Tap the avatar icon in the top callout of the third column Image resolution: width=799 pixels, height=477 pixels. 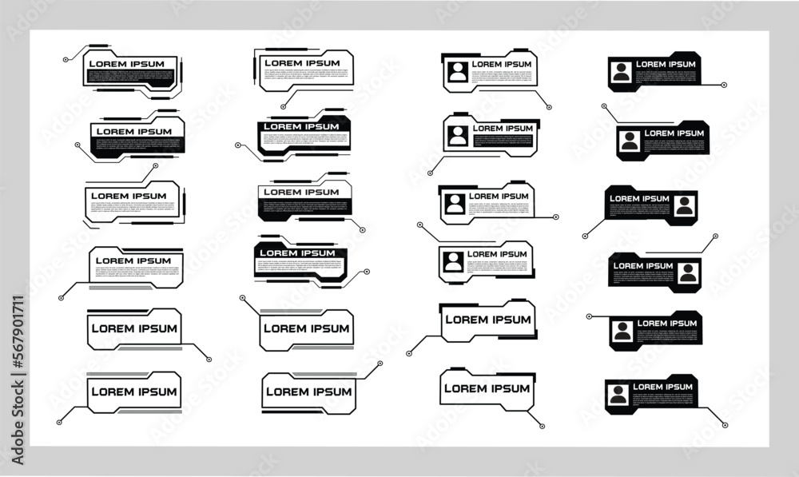[457, 71]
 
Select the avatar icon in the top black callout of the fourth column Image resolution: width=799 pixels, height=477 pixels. [621, 72]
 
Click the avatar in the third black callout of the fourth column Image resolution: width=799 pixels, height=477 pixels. [684, 205]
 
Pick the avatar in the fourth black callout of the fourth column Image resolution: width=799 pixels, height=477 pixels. [687, 273]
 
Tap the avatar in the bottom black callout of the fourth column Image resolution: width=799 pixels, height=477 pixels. [617, 394]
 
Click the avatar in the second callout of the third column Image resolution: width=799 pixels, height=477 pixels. [458, 135]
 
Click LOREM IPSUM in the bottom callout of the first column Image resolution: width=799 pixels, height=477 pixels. [133, 392]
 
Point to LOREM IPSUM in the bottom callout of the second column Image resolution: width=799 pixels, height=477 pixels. [308, 392]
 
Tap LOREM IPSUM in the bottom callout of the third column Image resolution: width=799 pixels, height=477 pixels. [487, 388]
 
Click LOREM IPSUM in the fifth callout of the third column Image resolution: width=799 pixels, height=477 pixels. [487, 320]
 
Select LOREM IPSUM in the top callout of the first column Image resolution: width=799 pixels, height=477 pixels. [126, 64]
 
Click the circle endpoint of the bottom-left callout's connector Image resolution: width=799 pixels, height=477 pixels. [59, 422]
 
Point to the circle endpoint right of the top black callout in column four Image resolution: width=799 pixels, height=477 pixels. [724, 84]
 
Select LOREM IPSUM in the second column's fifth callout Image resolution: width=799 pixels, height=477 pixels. [306, 328]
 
